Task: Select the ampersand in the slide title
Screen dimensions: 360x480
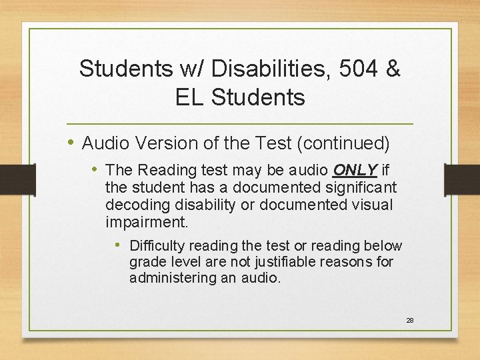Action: click(392, 69)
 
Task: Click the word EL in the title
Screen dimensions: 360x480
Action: click(190, 97)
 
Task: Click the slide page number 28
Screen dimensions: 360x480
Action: click(410, 320)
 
